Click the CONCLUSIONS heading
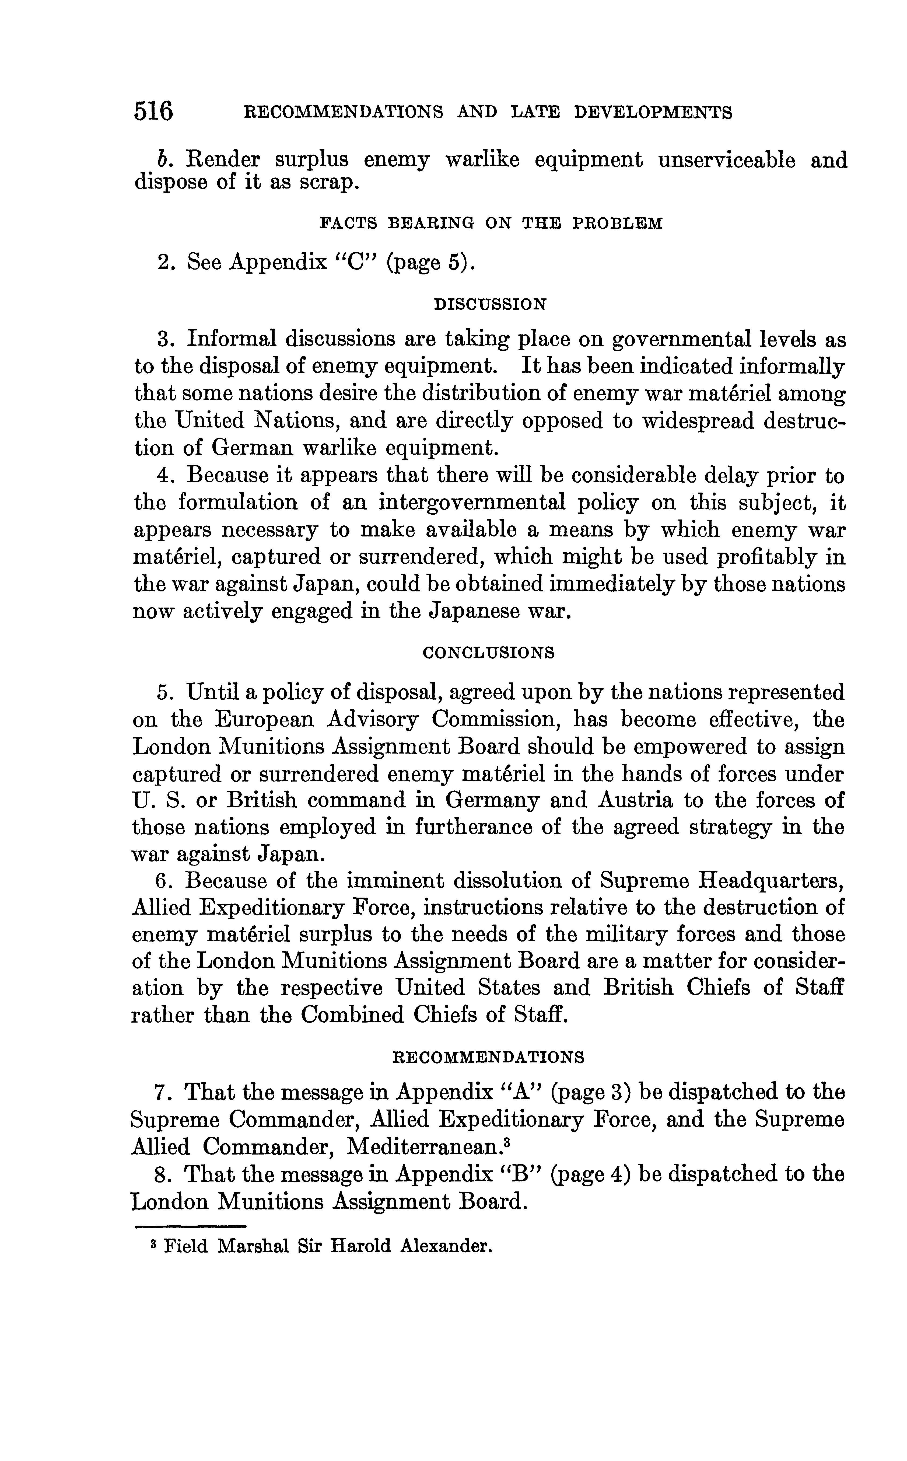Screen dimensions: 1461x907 tap(489, 653)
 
